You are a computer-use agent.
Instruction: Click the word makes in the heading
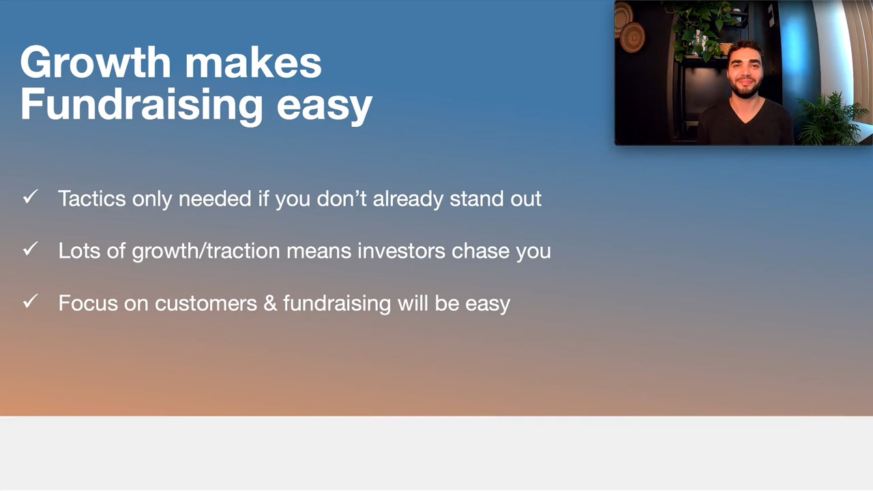click(253, 62)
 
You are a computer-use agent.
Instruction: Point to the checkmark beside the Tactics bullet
click(31, 196)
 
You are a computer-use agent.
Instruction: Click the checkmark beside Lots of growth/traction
click(31, 249)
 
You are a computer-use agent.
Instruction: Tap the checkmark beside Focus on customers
click(31, 301)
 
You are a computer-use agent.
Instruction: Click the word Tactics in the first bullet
click(92, 198)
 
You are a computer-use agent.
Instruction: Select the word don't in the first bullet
click(342, 198)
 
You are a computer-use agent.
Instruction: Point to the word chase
click(480, 251)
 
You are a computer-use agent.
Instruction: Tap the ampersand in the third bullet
click(270, 303)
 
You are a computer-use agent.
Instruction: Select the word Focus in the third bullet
click(88, 303)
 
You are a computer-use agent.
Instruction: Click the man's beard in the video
click(745, 89)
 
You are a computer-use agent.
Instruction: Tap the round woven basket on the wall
click(632, 38)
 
